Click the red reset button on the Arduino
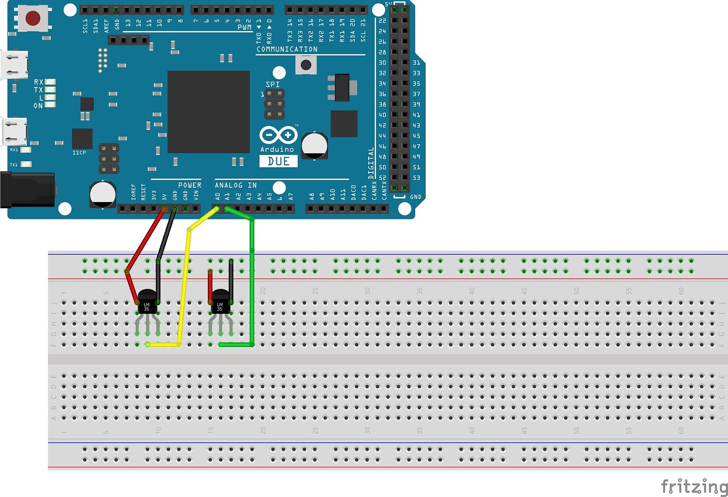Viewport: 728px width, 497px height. point(33,18)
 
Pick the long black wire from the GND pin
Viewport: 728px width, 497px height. point(165,243)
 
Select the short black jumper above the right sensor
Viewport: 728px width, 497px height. point(231,277)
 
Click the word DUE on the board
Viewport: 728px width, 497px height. point(278,161)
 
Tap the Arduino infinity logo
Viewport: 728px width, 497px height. point(278,135)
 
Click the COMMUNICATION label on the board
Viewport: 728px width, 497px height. point(287,49)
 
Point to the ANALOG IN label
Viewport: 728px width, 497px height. point(235,185)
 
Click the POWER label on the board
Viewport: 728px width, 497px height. point(189,185)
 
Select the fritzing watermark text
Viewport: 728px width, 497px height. point(693,486)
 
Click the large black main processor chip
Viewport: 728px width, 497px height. point(208,112)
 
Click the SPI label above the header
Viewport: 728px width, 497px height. point(273,84)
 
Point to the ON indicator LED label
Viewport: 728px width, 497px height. point(38,106)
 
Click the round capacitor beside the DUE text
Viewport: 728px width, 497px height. point(314,146)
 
